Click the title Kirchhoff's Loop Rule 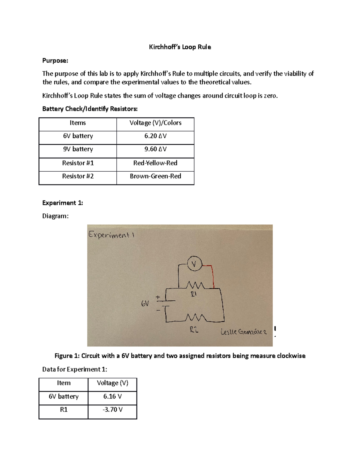[180, 47]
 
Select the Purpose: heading [55, 61]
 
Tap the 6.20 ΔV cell [155, 136]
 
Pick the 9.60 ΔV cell [155, 149]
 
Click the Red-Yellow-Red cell [155, 163]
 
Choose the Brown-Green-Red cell [155, 176]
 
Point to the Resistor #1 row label [78, 163]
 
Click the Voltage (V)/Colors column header [155, 123]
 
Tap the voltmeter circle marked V [194, 264]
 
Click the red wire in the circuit [213, 276]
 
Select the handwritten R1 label [193, 294]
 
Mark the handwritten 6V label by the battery [145, 304]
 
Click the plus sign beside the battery [158, 297]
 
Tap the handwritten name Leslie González [243, 332]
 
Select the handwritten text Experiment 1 [111, 235]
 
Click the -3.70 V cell [112, 410]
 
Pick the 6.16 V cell [112, 396]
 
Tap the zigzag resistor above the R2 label [196, 317]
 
